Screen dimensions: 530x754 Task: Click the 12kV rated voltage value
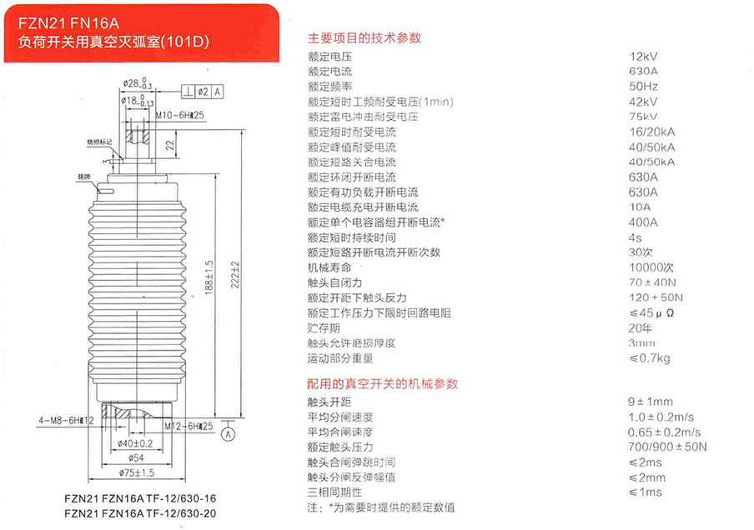coord(644,57)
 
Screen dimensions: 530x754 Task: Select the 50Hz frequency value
coord(643,87)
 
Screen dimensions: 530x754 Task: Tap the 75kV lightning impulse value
coord(643,117)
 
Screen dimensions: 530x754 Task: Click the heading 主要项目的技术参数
coord(364,37)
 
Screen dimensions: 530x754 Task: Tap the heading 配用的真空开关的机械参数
coord(382,384)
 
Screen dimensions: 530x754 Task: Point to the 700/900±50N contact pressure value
coord(667,447)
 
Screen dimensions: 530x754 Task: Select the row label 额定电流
coord(329,72)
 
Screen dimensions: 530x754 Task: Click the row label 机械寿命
coord(329,267)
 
